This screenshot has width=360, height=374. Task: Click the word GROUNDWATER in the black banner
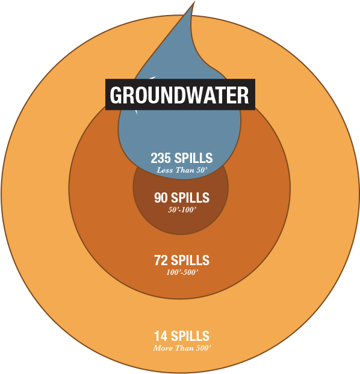[179, 94]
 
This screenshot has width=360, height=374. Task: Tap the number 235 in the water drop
[161, 158]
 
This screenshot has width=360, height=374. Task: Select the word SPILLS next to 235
[193, 158]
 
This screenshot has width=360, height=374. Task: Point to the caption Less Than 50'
[182, 170]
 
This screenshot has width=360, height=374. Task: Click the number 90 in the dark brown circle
[161, 197]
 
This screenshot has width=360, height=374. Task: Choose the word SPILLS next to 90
[190, 197]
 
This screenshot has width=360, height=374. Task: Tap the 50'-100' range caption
[182, 210]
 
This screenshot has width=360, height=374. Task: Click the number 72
[161, 260]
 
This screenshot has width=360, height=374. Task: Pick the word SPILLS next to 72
[190, 260]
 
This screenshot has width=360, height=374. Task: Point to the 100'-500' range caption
[182, 272]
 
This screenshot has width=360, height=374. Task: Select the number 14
[161, 336]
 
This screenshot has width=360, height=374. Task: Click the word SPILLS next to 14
[190, 336]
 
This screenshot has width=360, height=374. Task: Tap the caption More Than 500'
[182, 348]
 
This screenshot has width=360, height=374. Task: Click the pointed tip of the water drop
[194, 1]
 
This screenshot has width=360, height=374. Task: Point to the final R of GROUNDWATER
[243, 95]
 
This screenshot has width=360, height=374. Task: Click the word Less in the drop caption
[164, 170]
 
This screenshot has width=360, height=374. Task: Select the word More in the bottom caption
[163, 348]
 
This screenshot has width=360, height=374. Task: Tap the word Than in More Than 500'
[184, 348]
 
